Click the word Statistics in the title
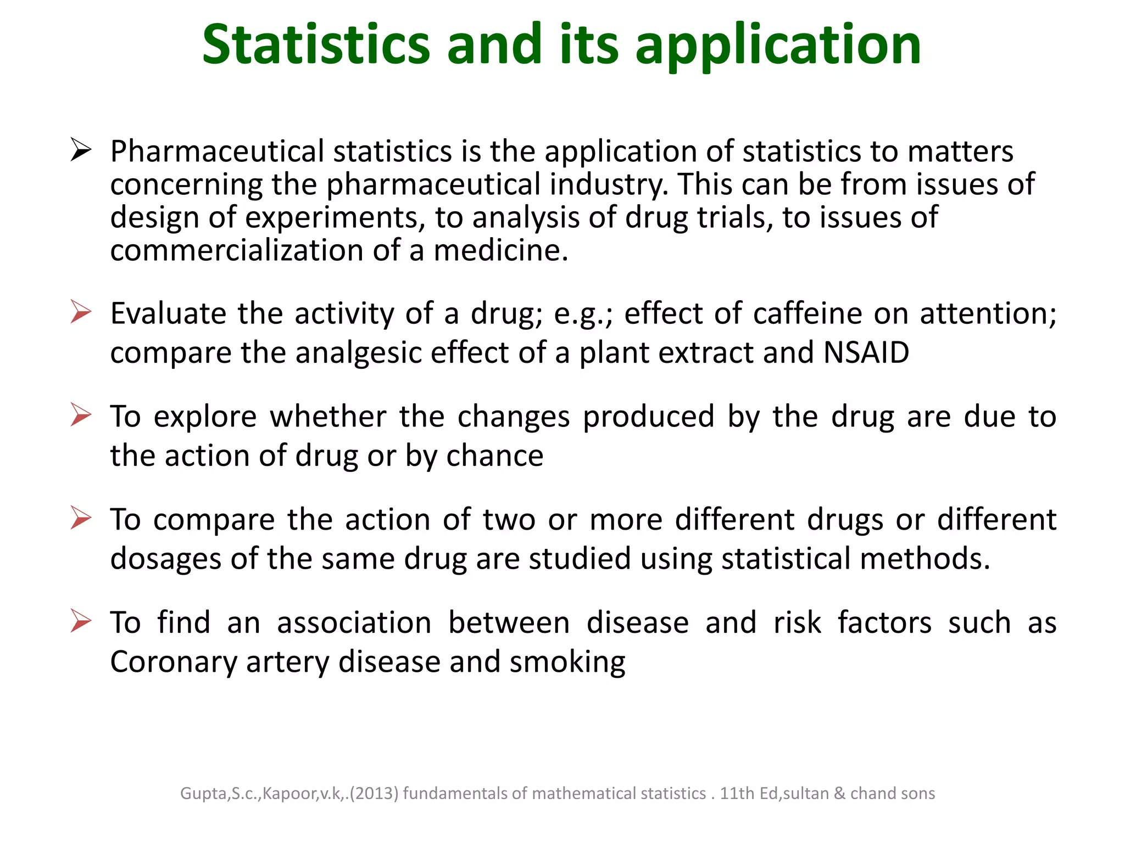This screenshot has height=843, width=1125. point(316,45)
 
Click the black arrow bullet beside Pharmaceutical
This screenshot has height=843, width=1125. point(81,150)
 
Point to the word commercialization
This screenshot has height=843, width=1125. point(236,250)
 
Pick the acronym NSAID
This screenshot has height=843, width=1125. point(866,352)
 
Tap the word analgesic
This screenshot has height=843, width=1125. point(358,353)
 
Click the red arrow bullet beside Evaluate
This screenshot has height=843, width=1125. point(81,312)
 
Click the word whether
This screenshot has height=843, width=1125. point(328,416)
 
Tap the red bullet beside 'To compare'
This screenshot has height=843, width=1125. point(81,518)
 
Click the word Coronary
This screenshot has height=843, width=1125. point(173,662)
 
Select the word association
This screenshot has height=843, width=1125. point(354,623)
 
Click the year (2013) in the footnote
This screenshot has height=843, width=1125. point(374,794)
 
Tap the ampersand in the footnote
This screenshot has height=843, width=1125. point(839,794)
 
